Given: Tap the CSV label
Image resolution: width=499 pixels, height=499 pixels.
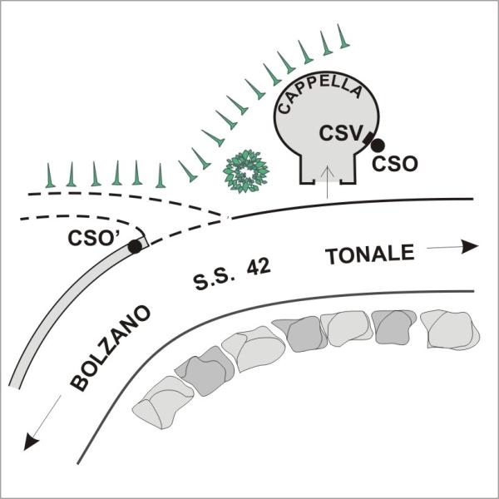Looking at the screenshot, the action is pyautogui.click(x=341, y=133).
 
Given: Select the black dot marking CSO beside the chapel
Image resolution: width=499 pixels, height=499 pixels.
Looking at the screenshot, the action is pyautogui.click(x=378, y=146).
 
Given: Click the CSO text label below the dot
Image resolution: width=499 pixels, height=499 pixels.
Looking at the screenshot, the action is pyautogui.click(x=394, y=164).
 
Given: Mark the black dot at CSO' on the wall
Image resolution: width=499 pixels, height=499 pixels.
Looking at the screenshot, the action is pyautogui.click(x=135, y=247).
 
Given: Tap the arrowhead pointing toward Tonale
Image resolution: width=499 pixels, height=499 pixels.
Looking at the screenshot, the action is pyautogui.click(x=470, y=247).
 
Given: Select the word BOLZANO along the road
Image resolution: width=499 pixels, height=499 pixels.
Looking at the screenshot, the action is pyautogui.click(x=110, y=348).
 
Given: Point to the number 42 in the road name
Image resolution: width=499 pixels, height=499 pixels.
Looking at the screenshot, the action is pyautogui.click(x=259, y=267).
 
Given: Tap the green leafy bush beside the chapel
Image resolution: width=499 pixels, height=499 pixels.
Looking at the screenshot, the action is pyautogui.click(x=246, y=170).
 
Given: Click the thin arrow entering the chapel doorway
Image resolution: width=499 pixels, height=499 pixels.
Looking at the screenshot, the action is pyautogui.click(x=327, y=182).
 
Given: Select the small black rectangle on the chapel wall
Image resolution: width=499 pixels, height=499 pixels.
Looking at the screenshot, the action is pyautogui.click(x=368, y=138).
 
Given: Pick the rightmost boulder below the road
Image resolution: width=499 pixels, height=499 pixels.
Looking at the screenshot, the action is pyautogui.click(x=450, y=330).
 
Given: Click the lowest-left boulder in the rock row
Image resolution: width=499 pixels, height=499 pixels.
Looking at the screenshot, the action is pyautogui.click(x=162, y=403).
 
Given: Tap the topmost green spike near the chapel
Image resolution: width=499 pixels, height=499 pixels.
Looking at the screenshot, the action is pyautogui.click(x=343, y=37).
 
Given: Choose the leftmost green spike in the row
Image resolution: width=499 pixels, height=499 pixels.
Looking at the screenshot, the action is pyautogui.click(x=50, y=175).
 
